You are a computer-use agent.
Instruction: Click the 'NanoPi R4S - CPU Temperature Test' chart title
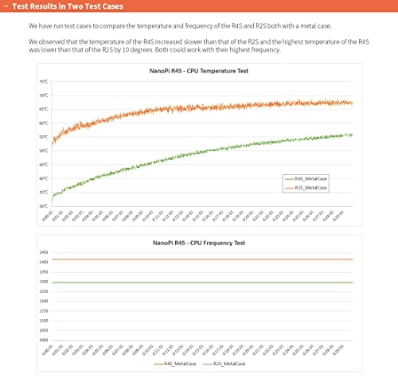(198, 71)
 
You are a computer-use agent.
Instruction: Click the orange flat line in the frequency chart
(199, 259)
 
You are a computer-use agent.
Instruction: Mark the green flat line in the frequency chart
(199, 283)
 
